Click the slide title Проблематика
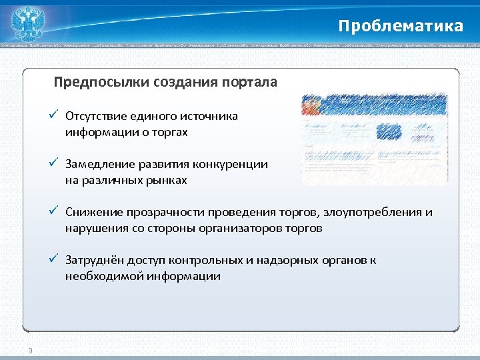[400, 26]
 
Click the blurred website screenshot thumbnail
[374, 139]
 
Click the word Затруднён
[92, 261]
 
